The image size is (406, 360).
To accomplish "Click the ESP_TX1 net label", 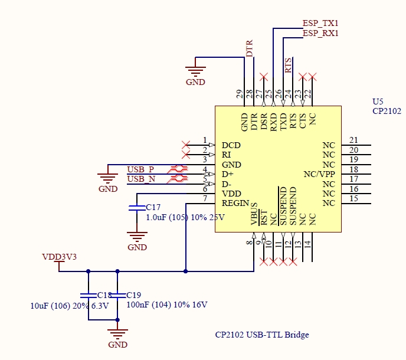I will (x=320, y=23).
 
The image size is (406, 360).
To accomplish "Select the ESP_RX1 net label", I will (x=320, y=33).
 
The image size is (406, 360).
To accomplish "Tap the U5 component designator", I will (x=378, y=102).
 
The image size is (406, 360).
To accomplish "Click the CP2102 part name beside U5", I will (x=387, y=111).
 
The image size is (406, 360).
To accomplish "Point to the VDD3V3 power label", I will (x=60, y=257).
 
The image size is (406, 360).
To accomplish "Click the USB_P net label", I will (x=141, y=169).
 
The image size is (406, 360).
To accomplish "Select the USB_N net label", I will (x=141, y=179).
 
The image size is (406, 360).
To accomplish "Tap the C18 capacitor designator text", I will (x=104, y=294).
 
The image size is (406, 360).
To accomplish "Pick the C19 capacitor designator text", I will (x=134, y=294).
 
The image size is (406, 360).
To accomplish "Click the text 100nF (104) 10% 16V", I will (x=167, y=305).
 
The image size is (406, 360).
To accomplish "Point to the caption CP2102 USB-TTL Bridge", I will (x=261, y=335).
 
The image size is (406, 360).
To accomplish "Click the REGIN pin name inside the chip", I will (x=235, y=203).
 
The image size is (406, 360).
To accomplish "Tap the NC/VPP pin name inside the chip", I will (x=319, y=174).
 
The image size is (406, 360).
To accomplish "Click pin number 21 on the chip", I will (x=354, y=140).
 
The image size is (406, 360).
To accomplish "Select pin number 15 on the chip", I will (x=354, y=198).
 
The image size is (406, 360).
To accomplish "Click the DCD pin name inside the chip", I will (x=231, y=145).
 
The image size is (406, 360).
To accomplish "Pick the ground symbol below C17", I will (x=137, y=237).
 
